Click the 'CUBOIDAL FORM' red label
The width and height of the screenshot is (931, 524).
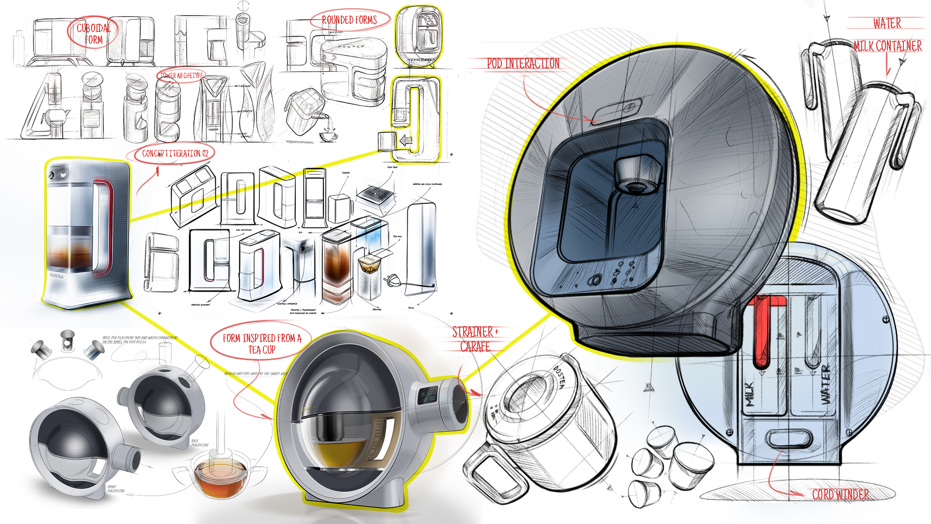click(93, 33)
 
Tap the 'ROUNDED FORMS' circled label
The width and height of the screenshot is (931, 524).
click(349, 20)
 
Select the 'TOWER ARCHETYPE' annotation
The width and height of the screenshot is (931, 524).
click(181, 76)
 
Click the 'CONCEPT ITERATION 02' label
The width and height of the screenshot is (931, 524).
click(175, 154)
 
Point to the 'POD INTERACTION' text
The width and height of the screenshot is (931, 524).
click(523, 64)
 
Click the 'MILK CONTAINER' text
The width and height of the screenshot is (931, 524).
click(887, 46)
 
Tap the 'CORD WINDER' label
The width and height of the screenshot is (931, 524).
click(840, 494)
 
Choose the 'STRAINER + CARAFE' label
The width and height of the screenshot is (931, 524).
click(475, 339)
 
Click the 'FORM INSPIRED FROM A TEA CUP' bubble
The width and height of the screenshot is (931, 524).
click(262, 344)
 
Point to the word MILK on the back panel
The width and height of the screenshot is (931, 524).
click(750, 394)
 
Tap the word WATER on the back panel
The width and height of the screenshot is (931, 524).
click(826, 384)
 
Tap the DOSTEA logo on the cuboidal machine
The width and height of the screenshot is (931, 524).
click(56, 276)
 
